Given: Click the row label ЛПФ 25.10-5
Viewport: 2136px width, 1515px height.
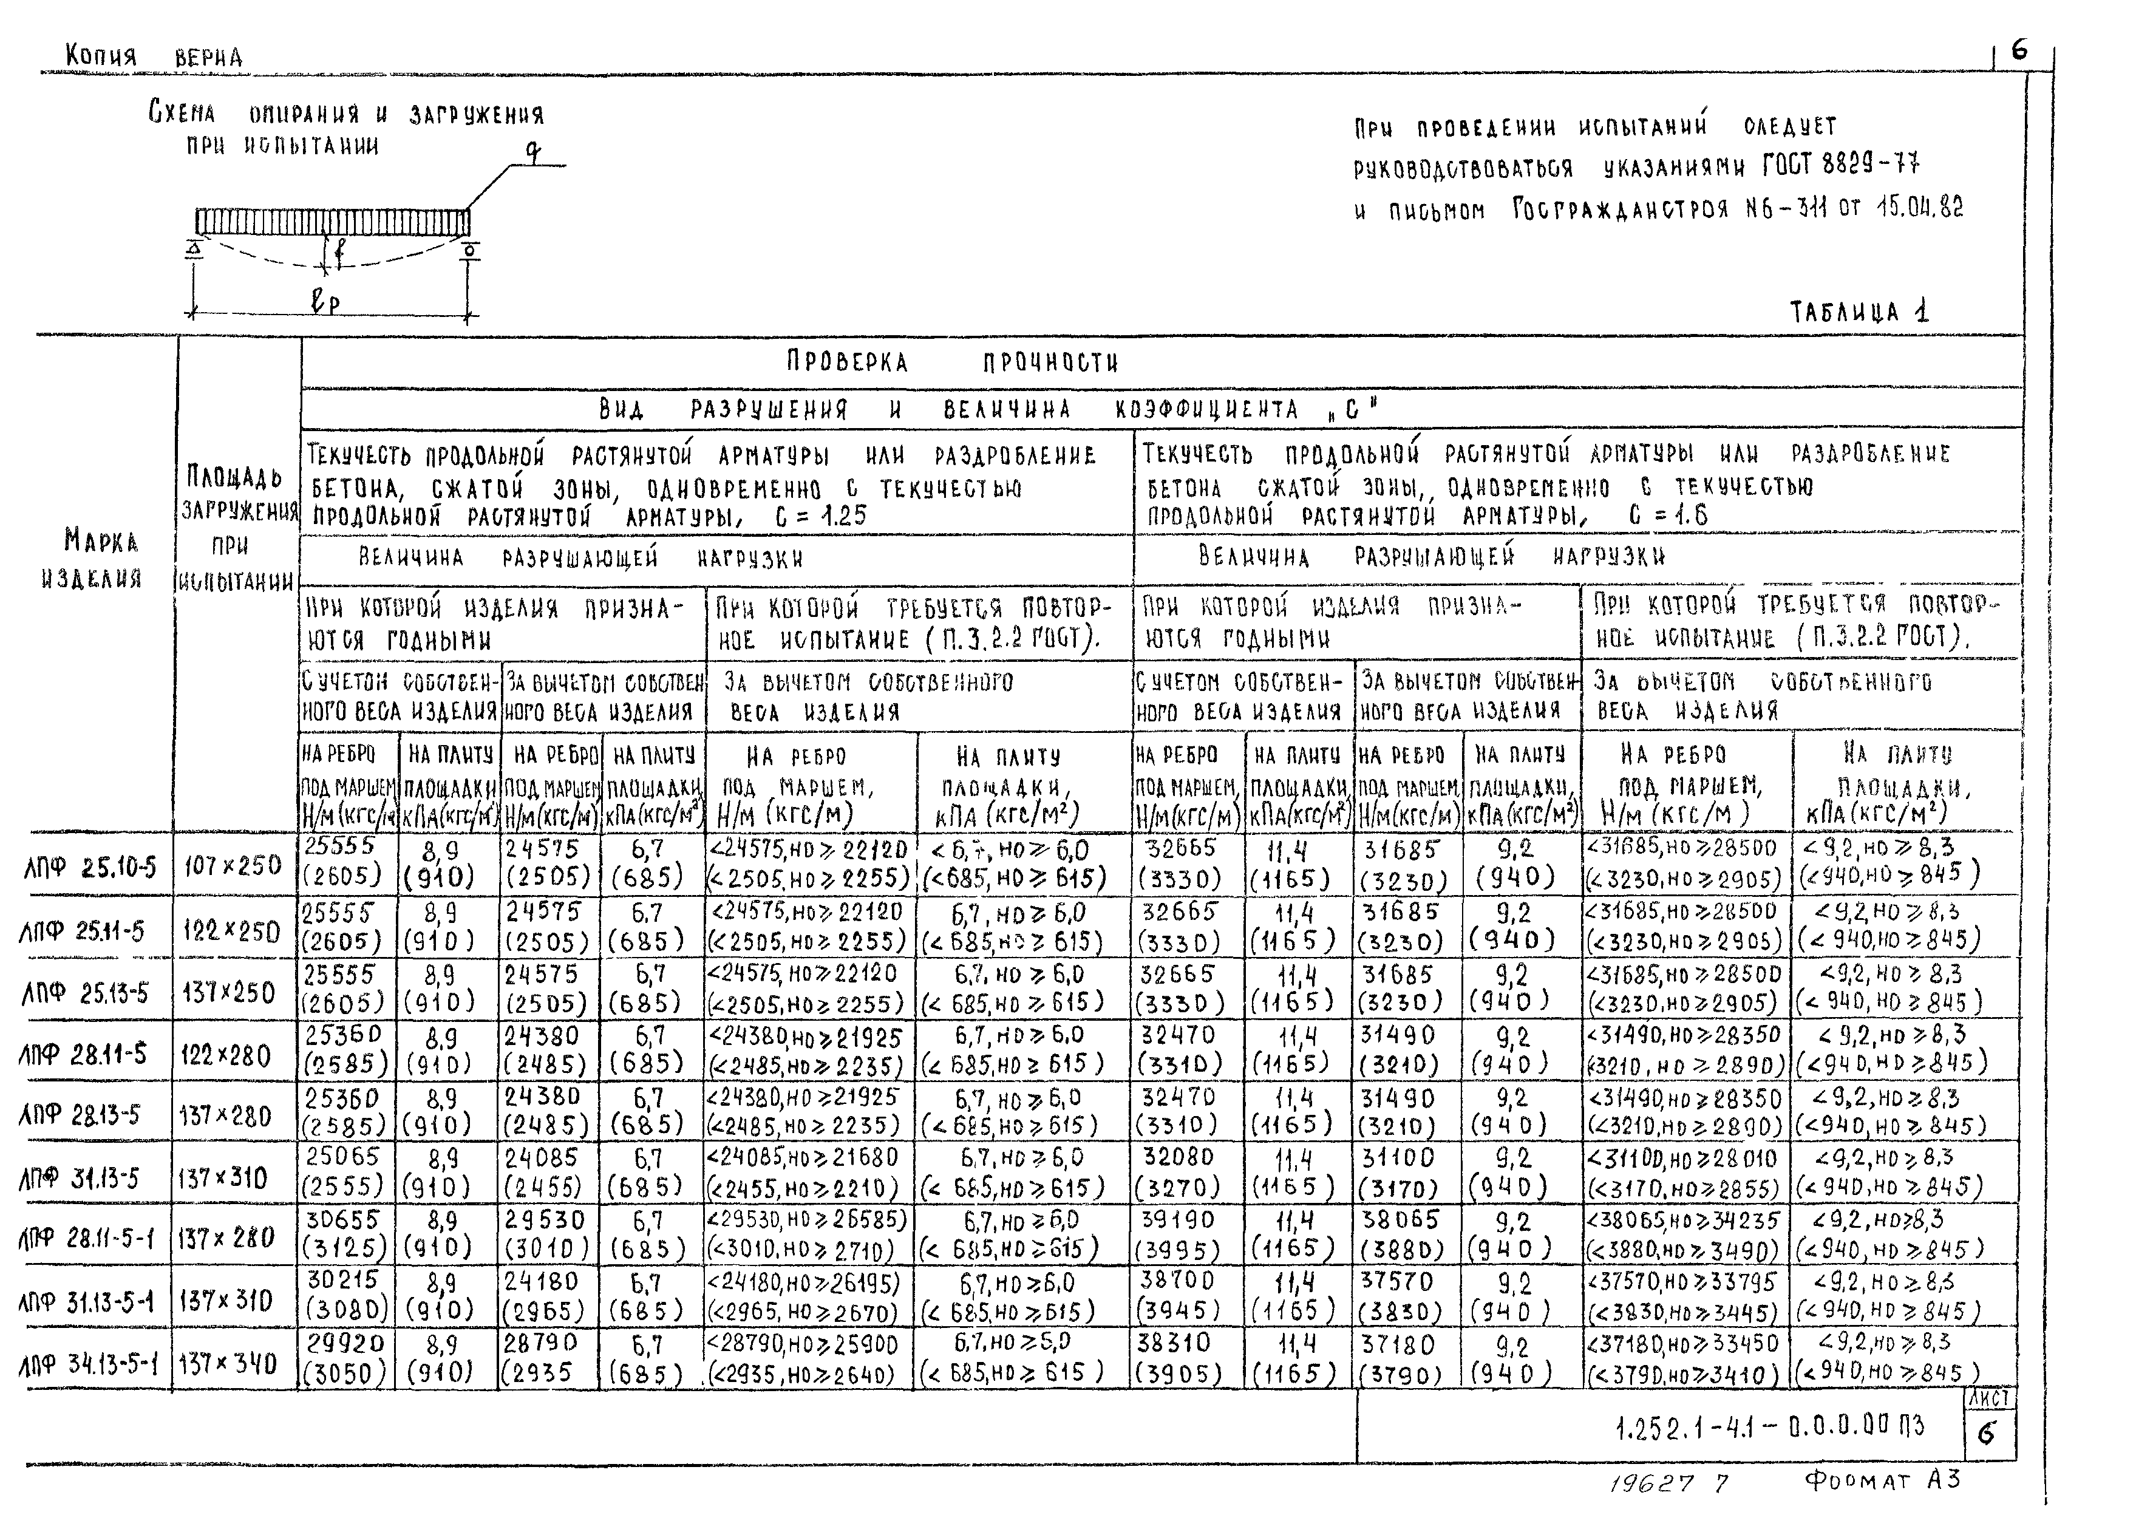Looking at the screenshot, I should click(90, 868).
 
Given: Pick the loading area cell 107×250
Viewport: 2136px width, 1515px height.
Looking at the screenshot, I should click(233, 866).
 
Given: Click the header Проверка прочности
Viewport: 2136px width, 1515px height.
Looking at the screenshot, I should click(951, 362).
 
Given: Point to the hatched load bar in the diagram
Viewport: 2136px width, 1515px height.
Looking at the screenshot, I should click(332, 223).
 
